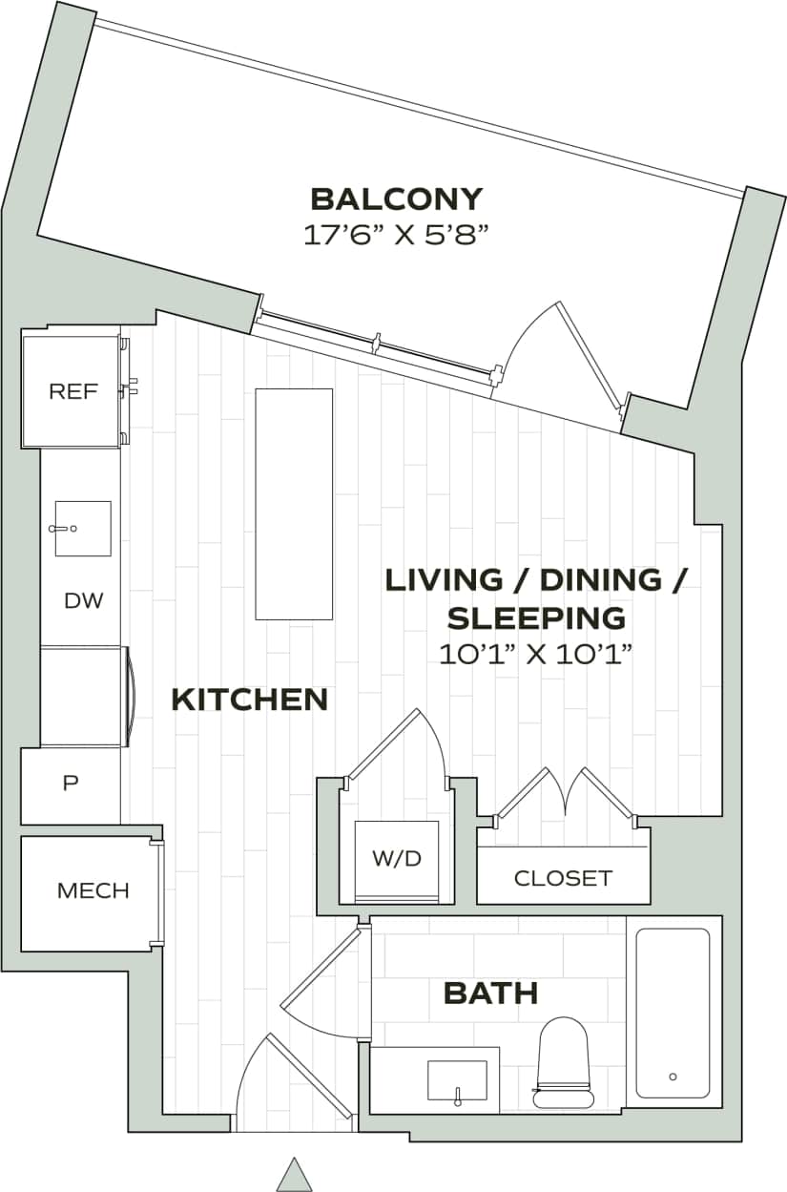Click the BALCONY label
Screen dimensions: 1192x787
[397, 199]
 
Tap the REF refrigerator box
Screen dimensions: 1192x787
[72, 390]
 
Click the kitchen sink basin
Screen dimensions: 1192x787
[83, 528]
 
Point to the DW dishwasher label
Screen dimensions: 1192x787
[83, 601]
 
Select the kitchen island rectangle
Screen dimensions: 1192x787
[294, 503]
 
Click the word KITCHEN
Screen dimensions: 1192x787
[249, 700]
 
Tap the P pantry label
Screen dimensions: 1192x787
[70, 784]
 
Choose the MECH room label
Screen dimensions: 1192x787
[93, 891]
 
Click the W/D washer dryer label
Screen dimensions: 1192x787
[396, 858]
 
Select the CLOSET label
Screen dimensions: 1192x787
[563, 878]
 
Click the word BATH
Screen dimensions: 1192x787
[490, 993]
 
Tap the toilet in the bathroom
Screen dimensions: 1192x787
[563, 1060]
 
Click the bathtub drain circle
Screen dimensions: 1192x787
[673, 1077]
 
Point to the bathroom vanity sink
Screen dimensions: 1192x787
[457, 1080]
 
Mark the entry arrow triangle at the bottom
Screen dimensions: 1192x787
[295, 1174]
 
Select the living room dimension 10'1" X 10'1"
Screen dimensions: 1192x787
[536, 655]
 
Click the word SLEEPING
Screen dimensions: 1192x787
[536, 617]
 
